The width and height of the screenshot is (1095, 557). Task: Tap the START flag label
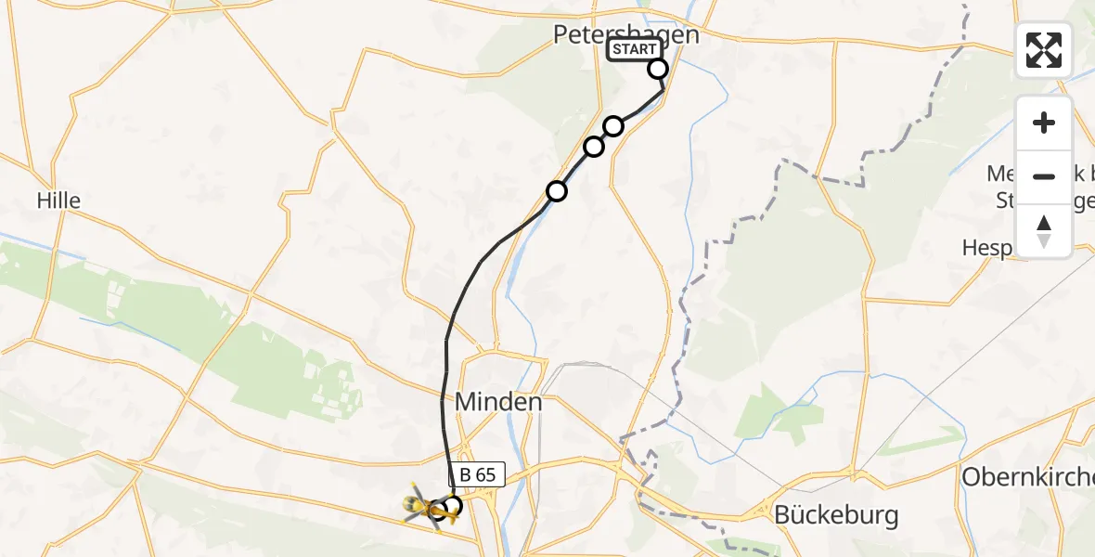click(x=635, y=49)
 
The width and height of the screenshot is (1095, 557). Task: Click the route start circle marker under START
click(x=658, y=69)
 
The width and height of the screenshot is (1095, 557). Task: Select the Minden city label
click(x=498, y=402)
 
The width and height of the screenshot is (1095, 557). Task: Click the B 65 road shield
click(x=478, y=475)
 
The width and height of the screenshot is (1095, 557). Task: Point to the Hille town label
click(x=58, y=200)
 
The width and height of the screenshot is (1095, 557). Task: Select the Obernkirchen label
click(x=1027, y=476)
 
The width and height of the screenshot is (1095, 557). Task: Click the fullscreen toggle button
click(x=1044, y=50)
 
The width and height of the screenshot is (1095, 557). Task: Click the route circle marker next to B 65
click(x=452, y=506)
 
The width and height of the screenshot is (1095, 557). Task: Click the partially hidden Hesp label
click(x=989, y=249)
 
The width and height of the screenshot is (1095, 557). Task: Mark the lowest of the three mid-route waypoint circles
click(x=556, y=191)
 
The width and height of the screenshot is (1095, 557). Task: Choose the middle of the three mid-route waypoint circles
click(x=594, y=147)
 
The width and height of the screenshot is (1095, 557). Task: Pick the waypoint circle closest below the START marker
click(x=613, y=125)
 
